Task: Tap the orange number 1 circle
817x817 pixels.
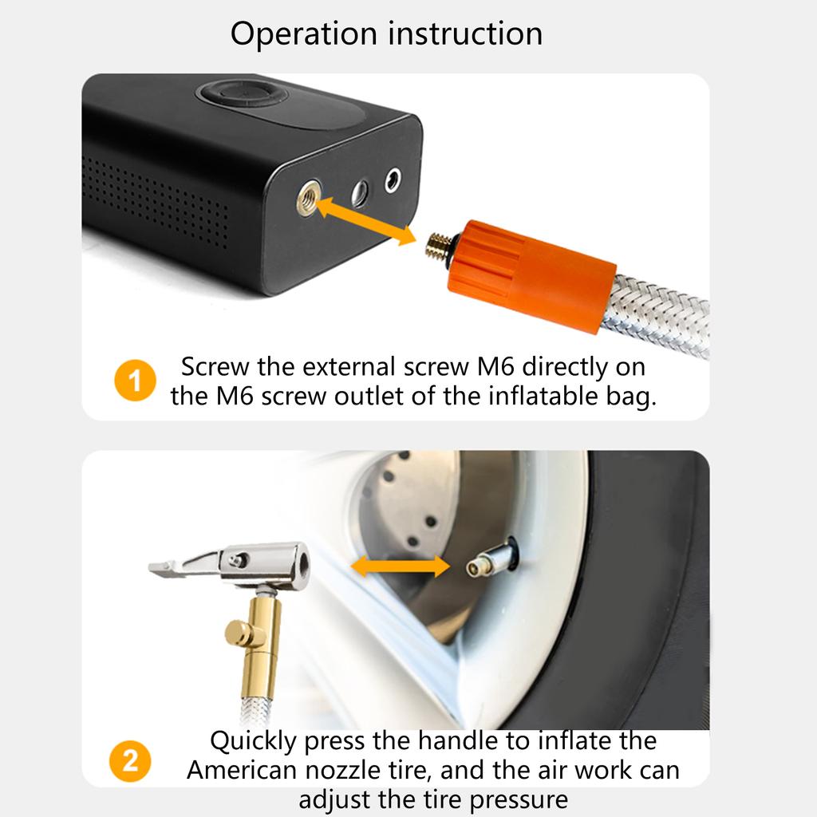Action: point(135,381)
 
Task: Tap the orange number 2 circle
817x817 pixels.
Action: point(129,760)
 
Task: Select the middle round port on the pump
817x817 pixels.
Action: point(360,191)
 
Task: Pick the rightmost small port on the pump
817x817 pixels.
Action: point(393,180)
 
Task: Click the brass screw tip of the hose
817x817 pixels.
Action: point(436,245)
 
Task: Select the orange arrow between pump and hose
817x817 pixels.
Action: point(366,221)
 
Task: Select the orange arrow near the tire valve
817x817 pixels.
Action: point(401,566)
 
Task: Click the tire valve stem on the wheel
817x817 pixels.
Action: point(488,563)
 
